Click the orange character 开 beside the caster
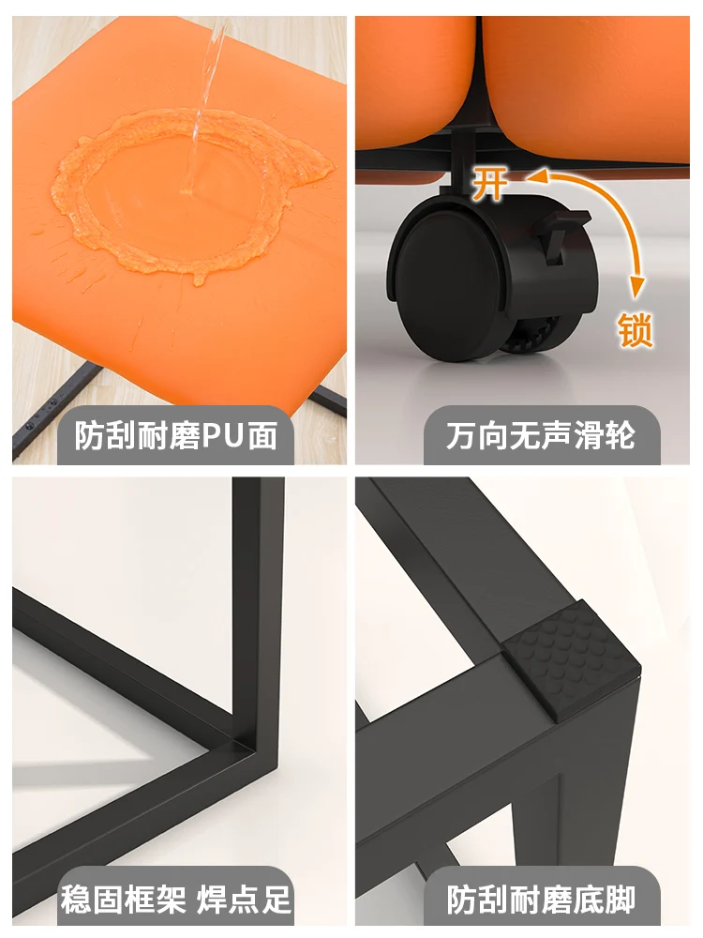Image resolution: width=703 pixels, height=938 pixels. click(x=489, y=183)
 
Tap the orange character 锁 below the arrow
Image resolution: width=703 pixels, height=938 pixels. click(x=635, y=329)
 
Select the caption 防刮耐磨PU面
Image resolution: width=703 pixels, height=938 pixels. click(x=176, y=435)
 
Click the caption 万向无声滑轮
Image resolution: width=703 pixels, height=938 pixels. click(x=541, y=435)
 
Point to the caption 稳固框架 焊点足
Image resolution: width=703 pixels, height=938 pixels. click(x=176, y=900)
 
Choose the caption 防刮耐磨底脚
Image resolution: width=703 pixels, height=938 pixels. click(x=541, y=900)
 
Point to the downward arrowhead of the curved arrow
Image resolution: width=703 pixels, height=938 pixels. click(x=637, y=287)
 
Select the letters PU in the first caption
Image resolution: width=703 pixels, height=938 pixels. click(x=224, y=436)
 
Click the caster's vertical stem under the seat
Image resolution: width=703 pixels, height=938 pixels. click(x=461, y=159)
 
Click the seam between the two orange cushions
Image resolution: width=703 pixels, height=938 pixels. click(x=478, y=72)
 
